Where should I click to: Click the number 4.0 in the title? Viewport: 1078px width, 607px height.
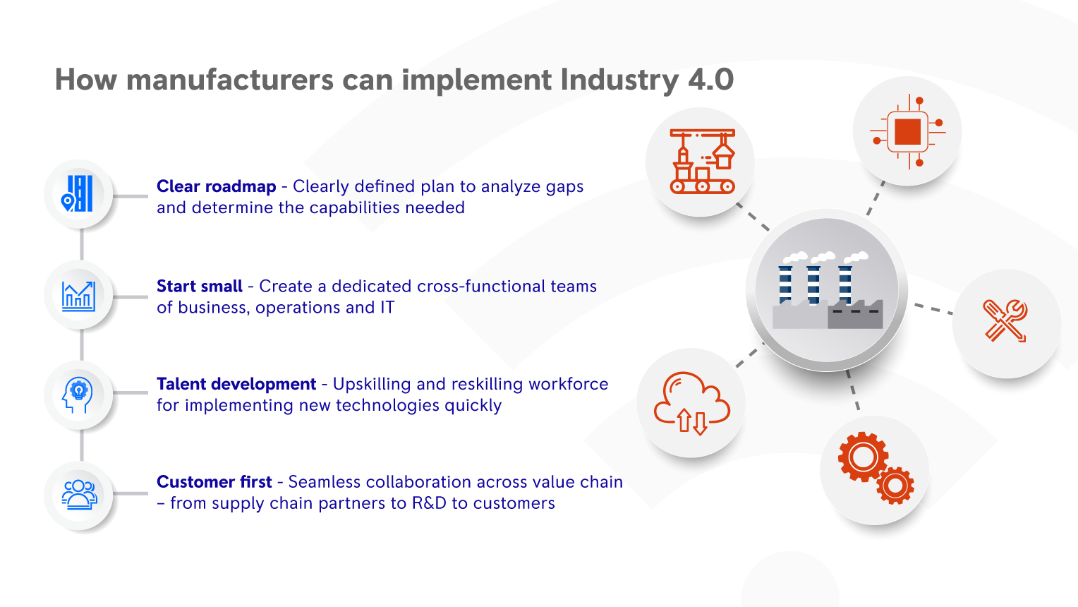coord(710,80)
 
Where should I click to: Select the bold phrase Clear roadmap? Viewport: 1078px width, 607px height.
coord(216,186)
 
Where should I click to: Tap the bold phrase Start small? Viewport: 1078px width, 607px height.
coord(199,286)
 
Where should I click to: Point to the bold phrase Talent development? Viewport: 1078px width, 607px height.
coord(236,384)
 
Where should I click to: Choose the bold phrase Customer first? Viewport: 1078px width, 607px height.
coord(214,482)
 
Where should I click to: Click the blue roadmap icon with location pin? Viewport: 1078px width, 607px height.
coord(78,193)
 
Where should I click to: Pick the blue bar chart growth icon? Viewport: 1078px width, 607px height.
coord(78,296)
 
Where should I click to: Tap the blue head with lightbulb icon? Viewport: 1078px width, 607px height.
coord(78,395)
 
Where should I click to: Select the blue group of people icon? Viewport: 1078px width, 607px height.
coord(79,495)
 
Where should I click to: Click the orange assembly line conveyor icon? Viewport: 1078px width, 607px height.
coord(702,162)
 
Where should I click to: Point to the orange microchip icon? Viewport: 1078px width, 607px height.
coord(907,131)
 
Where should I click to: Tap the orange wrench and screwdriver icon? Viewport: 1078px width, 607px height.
coord(1005,321)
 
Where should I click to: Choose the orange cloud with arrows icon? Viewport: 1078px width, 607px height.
coord(691,403)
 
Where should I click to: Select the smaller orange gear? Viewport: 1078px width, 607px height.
coord(895,485)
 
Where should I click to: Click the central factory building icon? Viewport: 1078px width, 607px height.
coord(827,289)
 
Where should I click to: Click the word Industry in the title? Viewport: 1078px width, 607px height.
coord(619,80)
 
